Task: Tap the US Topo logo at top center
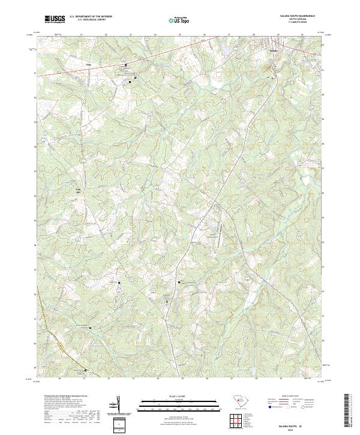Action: coord(181,20)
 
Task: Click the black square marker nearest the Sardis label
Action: coord(125,65)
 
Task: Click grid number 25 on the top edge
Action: coord(180,35)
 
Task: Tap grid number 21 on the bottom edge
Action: coord(84,379)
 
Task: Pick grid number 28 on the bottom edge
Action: coord(256,379)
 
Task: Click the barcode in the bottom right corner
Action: coord(347,410)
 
